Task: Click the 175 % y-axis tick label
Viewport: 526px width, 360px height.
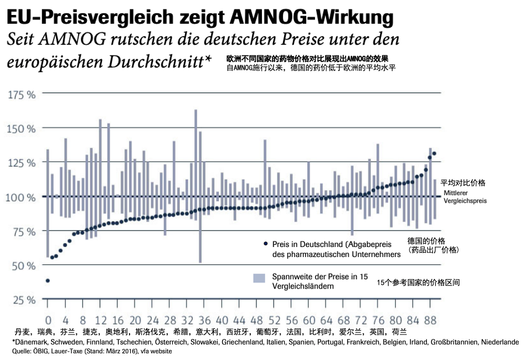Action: (x=22, y=94)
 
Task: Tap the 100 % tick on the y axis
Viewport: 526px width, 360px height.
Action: (x=22, y=197)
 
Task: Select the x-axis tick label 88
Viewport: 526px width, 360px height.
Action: (x=431, y=320)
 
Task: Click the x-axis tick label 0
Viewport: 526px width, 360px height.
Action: (x=48, y=320)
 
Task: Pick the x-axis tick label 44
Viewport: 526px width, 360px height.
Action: (x=239, y=320)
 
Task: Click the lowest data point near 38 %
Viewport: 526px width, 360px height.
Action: (x=48, y=281)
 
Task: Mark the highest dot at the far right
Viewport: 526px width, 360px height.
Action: (x=435, y=153)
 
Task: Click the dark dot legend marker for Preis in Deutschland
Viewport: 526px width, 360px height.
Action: (x=265, y=244)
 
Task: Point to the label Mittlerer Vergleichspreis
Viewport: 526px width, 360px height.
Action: (x=465, y=197)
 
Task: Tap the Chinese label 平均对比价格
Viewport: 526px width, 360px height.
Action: (x=463, y=182)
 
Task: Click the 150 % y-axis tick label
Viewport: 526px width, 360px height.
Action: (x=22, y=128)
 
